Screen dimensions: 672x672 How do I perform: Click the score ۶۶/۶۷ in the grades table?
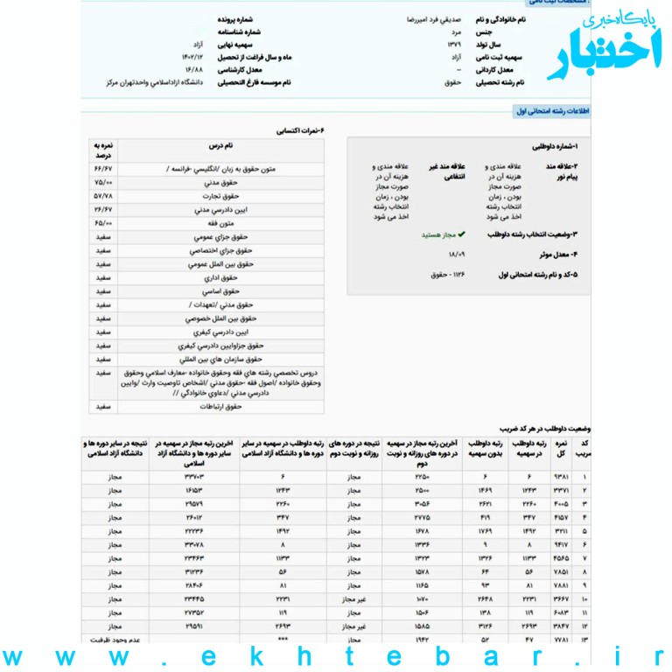pos(103,170)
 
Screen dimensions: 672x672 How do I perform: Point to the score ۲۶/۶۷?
pos(103,210)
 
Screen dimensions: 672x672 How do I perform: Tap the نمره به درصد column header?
pos(103,150)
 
